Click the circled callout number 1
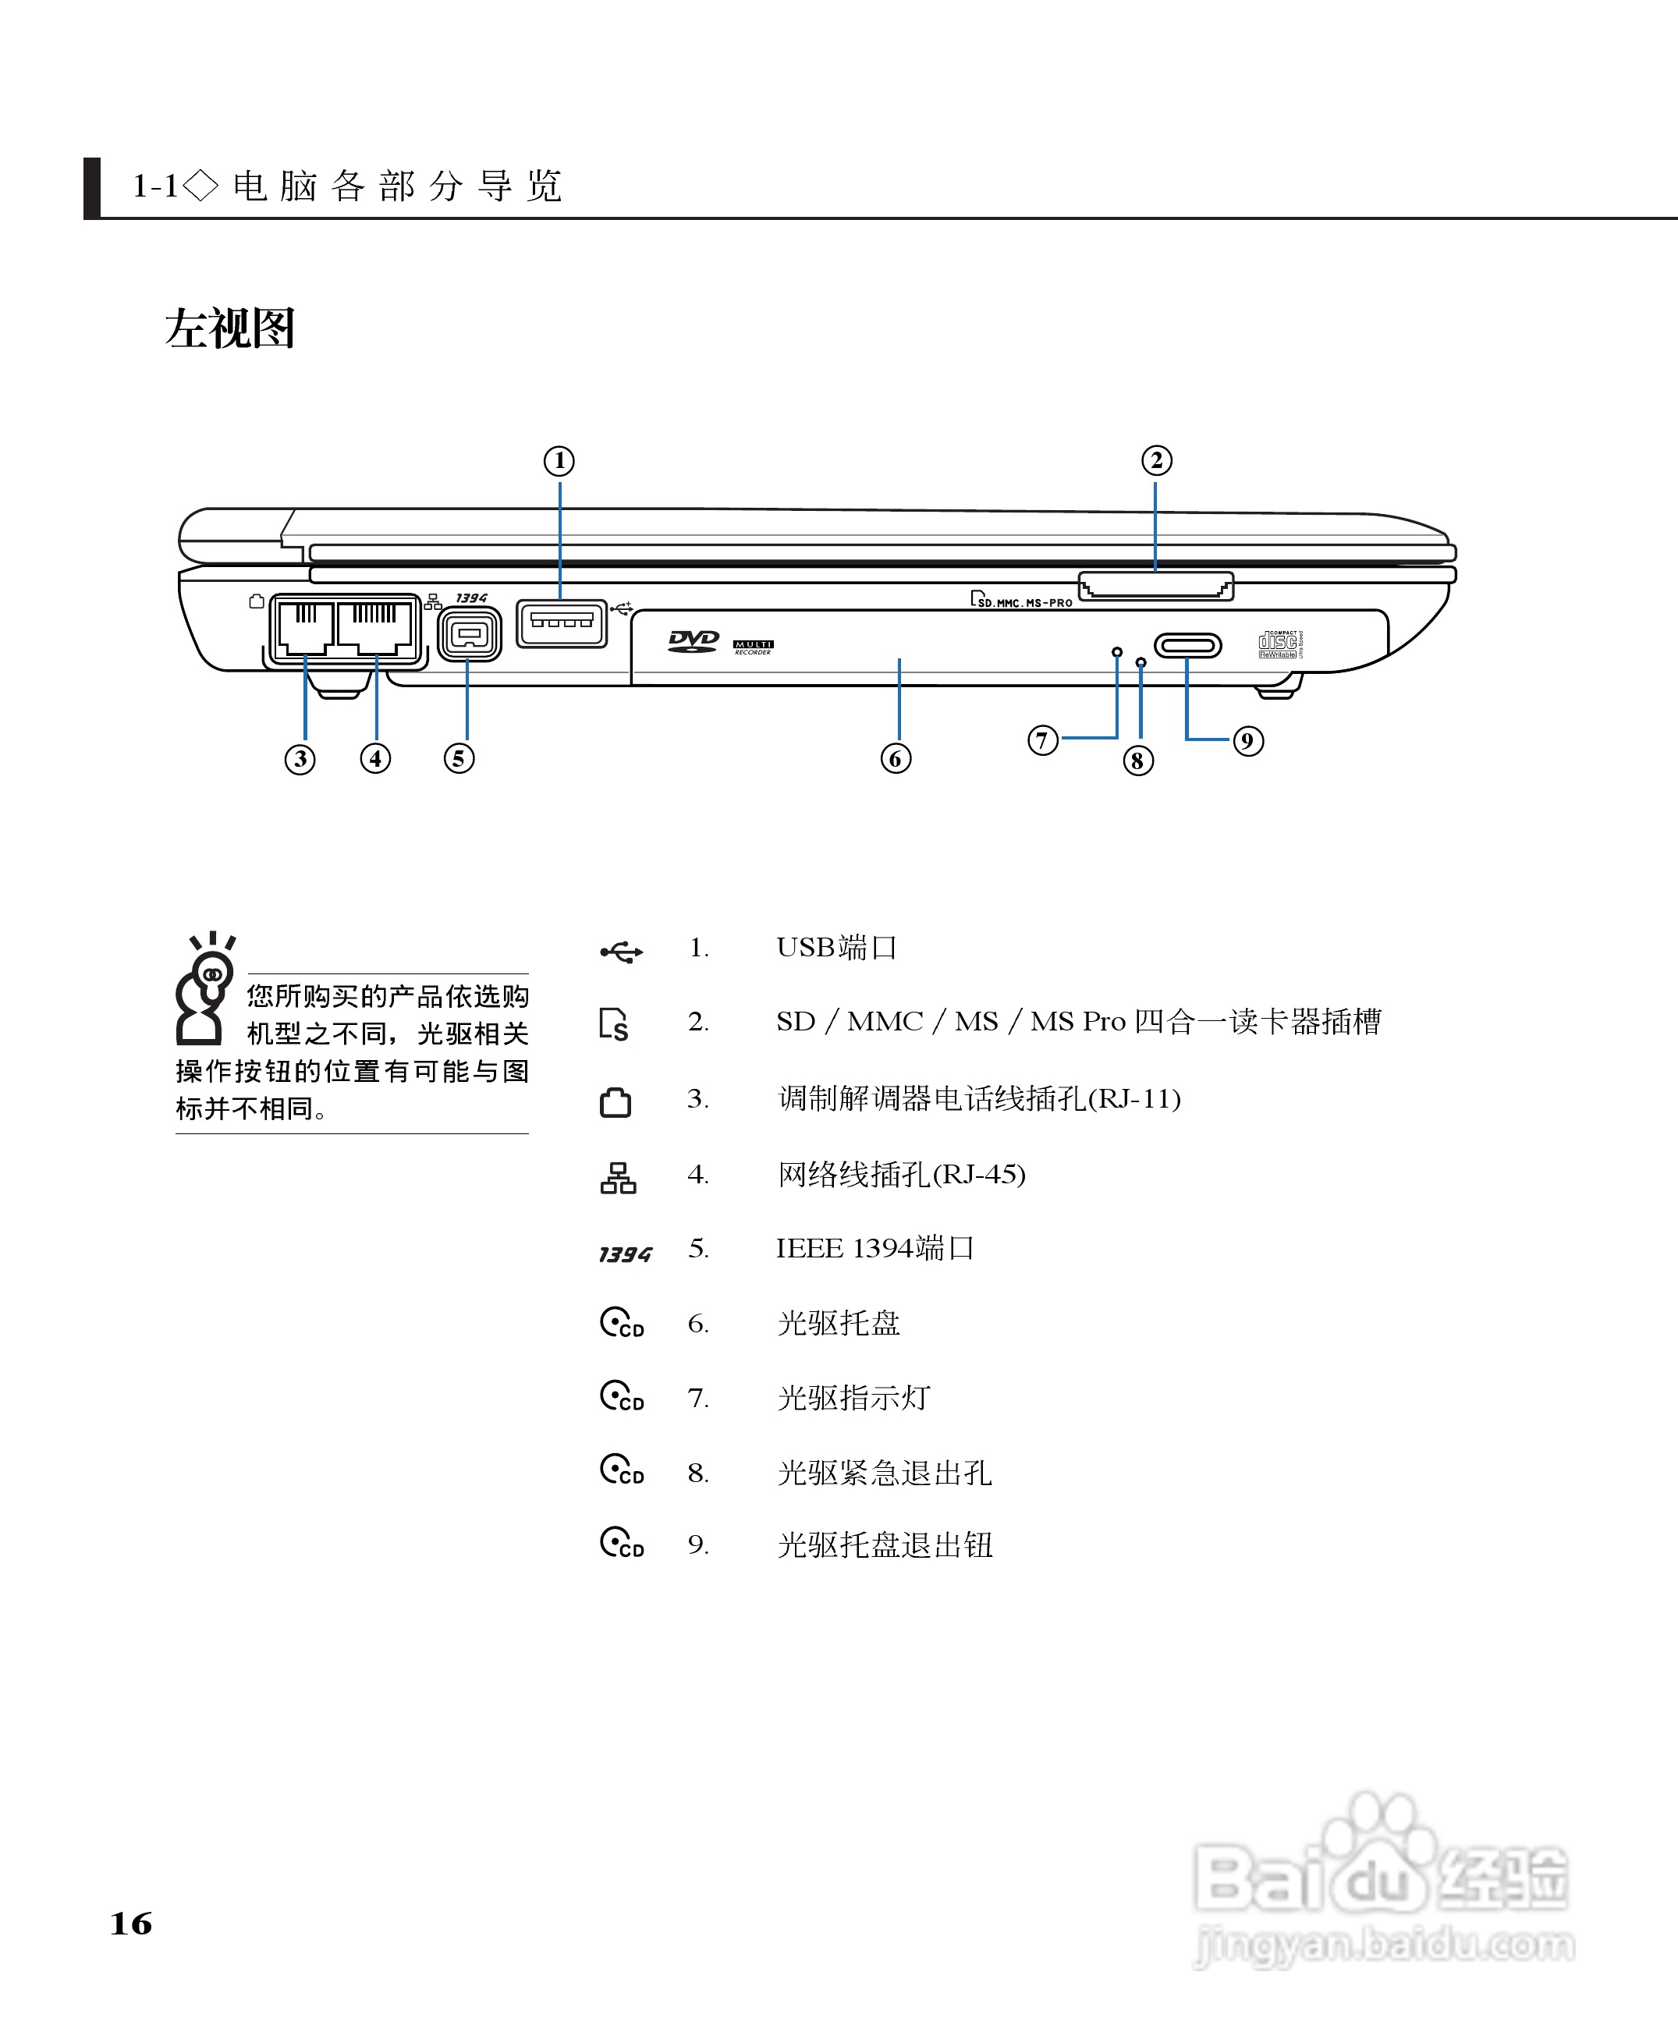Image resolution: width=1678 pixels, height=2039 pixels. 559,461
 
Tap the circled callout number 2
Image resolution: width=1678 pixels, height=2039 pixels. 1156,460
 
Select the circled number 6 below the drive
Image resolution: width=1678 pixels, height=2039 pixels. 895,759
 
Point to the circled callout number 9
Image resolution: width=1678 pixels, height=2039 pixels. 1247,741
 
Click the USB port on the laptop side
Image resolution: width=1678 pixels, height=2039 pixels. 561,623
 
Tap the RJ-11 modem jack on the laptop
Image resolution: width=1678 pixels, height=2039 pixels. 303,627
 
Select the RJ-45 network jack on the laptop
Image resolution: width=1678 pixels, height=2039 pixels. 376,627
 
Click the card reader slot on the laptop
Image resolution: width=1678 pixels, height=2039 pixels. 1155,586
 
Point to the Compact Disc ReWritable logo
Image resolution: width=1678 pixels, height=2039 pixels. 1278,644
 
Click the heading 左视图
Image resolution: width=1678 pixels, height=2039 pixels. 230,328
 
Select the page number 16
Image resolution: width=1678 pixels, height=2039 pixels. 132,1922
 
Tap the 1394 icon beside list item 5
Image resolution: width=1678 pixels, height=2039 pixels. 624,1254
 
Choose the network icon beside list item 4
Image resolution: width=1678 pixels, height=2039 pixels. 618,1178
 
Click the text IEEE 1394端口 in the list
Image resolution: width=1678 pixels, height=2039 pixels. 874,1249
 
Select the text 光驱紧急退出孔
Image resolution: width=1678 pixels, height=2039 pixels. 885,1473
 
